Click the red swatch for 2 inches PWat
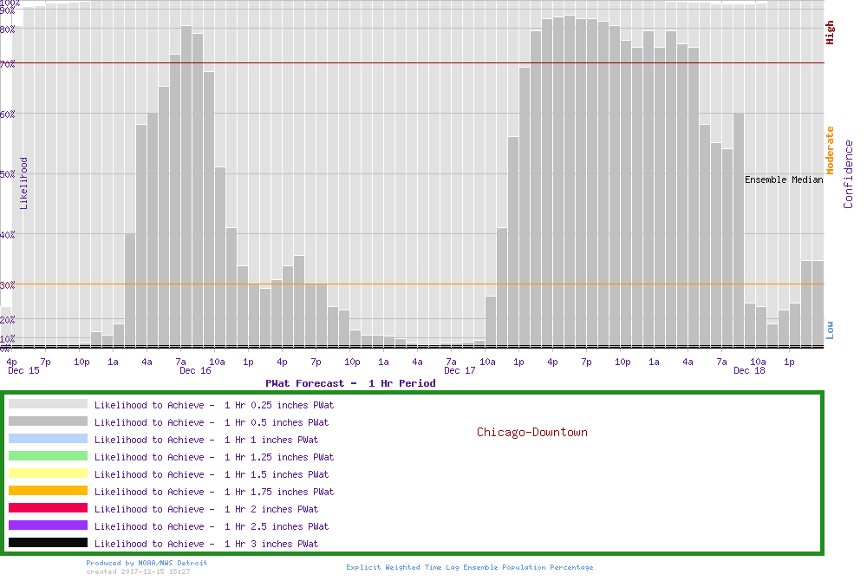click(x=48, y=508)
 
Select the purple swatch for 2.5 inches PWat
click(x=48, y=526)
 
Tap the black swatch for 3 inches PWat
click(x=48, y=543)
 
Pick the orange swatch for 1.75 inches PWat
click(x=48, y=491)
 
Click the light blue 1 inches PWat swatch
click(x=48, y=439)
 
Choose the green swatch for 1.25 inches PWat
click(x=48, y=456)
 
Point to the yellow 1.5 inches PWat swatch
click(x=48, y=473)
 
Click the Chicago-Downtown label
click(x=531, y=432)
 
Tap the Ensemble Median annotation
click(x=784, y=180)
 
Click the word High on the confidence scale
click(x=830, y=33)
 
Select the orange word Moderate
click(x=830, y=150)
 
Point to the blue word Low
click(x=830, y=330)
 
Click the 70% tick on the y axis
click(x=8, y=63)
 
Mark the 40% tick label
click(x=8, y=233)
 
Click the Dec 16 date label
click(x=195, y=371)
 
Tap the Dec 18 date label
click(x=748, y=371)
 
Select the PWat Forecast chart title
click(x=350, y=383)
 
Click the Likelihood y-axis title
click(x=24, y=183)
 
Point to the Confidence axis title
click(x=849, y=174)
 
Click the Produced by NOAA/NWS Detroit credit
click(x=147, y=563)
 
